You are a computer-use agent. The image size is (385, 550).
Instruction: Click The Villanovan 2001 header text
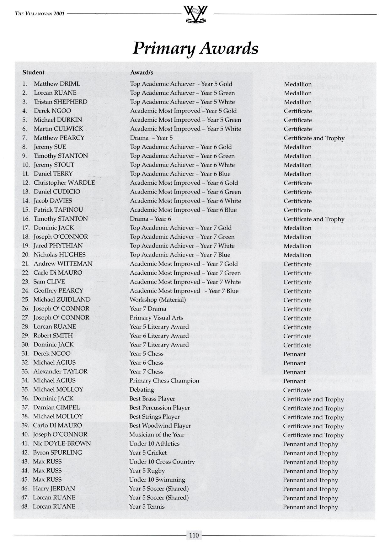tap(40, 13)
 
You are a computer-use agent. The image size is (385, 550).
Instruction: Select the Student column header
tap(33, 72)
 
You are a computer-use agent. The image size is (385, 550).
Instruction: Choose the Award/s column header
tap(142, 72)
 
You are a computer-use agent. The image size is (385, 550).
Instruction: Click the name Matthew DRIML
tap(57, 84)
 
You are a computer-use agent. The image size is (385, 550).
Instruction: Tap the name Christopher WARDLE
tap(64, 182)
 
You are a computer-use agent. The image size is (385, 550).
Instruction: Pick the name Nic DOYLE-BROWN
tap(62, 443)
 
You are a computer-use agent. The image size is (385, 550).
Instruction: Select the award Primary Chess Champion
tap(164, 381)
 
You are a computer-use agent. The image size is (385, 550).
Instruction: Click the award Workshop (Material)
tap(158, 299)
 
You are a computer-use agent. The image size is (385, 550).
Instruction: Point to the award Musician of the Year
tap(157, 435)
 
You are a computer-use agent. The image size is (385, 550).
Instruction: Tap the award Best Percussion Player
tap(159, 408)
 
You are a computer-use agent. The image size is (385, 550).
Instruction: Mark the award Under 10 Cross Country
tap(162, 462)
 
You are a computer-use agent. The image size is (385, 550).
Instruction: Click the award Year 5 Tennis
tap(147, 506)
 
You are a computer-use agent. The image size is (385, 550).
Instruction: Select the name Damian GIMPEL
tap(56, 407)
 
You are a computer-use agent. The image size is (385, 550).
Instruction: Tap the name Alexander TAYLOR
tap(60, 372)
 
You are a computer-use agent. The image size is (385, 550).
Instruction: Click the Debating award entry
tap(142, 390)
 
